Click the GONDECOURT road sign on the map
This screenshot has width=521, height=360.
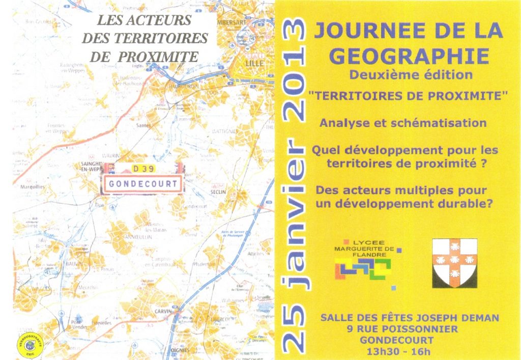143,184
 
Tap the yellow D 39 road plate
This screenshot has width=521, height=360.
143,169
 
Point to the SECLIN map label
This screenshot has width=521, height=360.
218,192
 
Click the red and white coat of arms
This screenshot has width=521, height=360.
454,263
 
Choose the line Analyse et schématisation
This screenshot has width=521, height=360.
402,123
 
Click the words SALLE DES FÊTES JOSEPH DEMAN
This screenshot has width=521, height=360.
410,318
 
